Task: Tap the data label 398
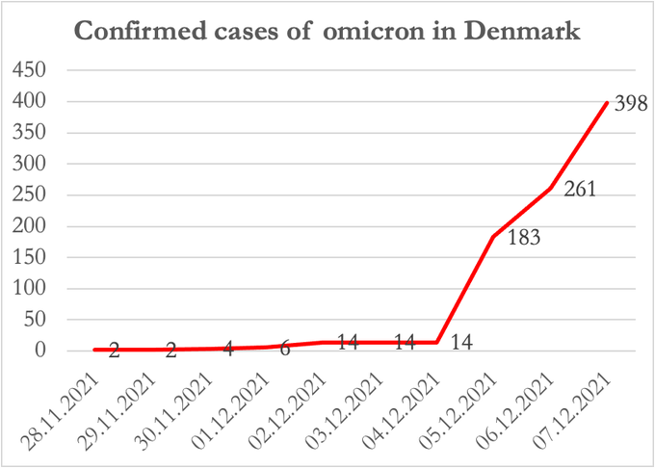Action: (x=627, y=103)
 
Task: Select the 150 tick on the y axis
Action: (x=31, y=257)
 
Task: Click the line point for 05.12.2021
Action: (x=493, y=237)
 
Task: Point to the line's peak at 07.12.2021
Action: (x=607, y=103)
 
